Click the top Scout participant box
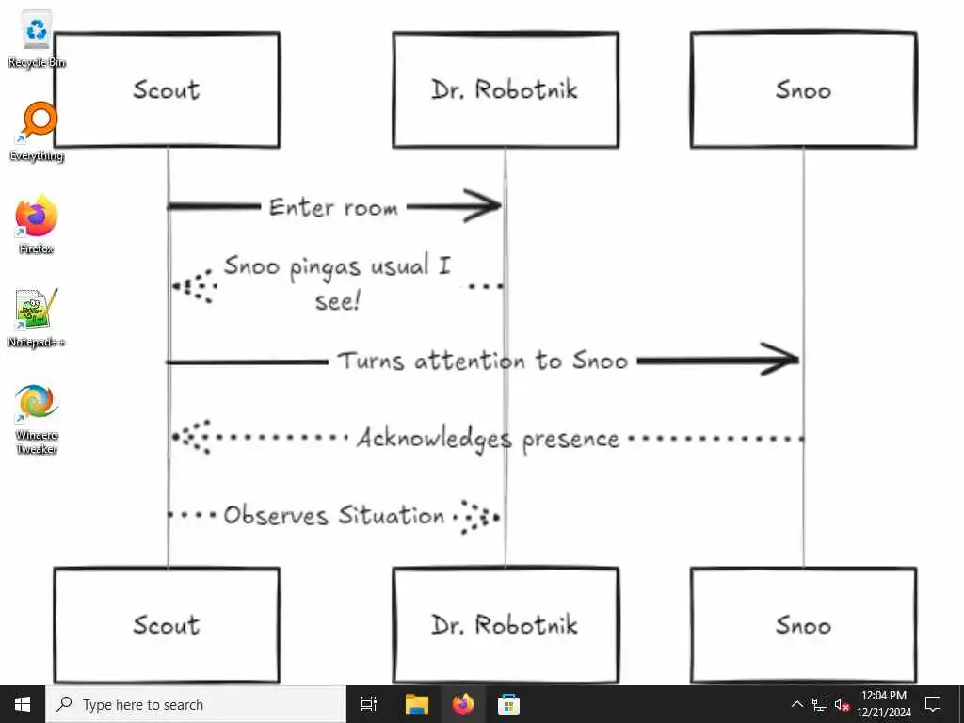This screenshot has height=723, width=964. click(167, 90)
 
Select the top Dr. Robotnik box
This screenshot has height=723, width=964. click(505, 90)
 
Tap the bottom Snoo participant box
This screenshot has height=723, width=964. click(803, 625)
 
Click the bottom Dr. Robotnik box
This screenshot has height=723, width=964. click(505, 625)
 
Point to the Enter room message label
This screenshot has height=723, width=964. click(333, 207)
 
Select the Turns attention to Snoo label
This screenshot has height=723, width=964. click(482, 361)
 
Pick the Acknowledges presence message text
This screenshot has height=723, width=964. click(488, 439)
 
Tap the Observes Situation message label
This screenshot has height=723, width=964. click(334, 516)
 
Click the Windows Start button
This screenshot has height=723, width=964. click(23, 704)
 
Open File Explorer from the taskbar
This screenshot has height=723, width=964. click(416, 704)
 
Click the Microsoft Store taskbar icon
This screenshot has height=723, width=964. click(508, 704)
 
